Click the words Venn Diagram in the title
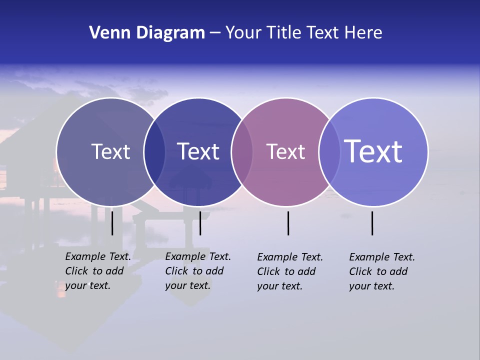(x=147, y=33)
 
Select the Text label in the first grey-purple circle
(x=110, y=151)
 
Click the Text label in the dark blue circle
(x=198, y=151)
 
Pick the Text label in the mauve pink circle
(x=285, y=151)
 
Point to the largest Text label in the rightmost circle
(x=373, y=151)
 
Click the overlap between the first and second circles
(x=154, y=152)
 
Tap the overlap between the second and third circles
(x=242, y=152)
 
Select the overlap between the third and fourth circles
(x=329, y=152)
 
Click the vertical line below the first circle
(x=112, y=223)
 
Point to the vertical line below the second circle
(x=200, y=223)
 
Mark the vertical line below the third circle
(x=288, y=223)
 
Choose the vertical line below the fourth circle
(x=372, y=223)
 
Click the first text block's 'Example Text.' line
(x=98, y=256)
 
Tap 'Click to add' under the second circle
(x=194, y=271)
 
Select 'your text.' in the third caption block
(x=279, y=286)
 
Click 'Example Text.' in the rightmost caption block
(x=382, y=257)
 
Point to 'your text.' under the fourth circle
(x=371, y=286)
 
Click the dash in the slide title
(x=215, y=33)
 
